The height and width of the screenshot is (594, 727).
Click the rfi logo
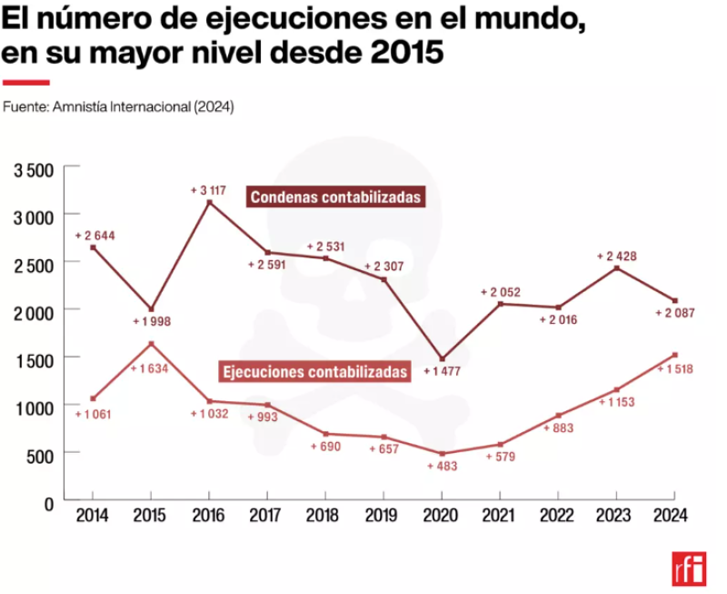tap(688, 569)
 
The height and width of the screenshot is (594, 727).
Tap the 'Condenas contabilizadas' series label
tap(336, 196)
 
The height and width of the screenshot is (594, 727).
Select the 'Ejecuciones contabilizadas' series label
tap(315, 372)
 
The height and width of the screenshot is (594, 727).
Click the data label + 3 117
tap(208, 190)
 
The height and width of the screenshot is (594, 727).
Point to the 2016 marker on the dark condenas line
tap(209, 203)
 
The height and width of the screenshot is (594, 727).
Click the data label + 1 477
tap(444, 372)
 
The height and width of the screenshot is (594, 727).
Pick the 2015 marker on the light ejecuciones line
tap(151, 344)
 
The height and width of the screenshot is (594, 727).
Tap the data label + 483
tap(443, 466)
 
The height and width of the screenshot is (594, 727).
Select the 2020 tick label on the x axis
tap(441, 516)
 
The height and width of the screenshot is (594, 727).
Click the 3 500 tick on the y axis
tap(35, 169)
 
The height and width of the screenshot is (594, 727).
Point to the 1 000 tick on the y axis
tap(35, 407)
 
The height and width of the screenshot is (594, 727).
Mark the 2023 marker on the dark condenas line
tap(616, 268)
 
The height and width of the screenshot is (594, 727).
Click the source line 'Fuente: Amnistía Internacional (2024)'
tap(118, 106)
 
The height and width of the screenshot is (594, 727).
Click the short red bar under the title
tap(25, 82)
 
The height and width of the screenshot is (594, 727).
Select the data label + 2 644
tap(95, 236)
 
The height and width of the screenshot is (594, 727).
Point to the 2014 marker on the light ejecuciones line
tap(93, 398)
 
